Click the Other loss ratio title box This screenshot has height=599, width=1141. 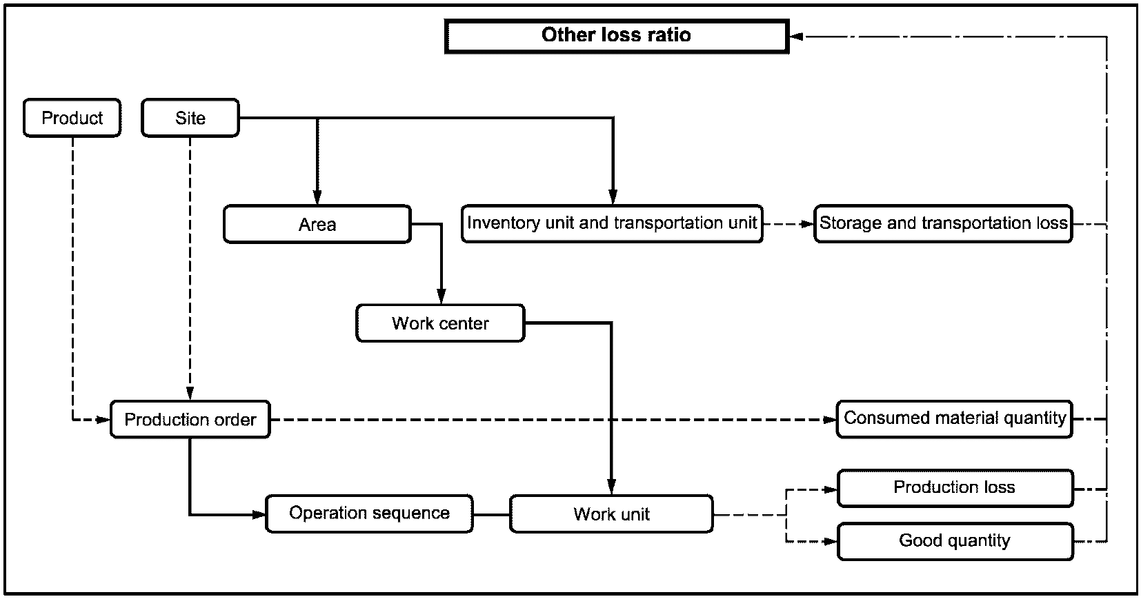617,36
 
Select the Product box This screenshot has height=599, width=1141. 72,118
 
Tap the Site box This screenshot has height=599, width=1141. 190,118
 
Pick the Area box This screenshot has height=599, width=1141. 317,224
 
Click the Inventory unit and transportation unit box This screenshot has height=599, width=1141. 613,223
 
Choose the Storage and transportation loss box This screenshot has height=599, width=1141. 944,223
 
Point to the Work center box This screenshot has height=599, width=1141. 441,323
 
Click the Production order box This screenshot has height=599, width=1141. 190,419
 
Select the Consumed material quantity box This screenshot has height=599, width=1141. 955,419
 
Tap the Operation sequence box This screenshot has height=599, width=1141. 369,514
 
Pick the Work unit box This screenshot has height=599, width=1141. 611,514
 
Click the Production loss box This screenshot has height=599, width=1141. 955,488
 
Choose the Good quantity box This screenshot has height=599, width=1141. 955,542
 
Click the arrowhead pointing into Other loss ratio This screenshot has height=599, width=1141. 797,37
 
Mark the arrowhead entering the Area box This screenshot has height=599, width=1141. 317,197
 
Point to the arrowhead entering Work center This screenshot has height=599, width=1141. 441,296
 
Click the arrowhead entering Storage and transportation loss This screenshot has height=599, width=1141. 807,224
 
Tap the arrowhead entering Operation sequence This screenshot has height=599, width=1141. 259,514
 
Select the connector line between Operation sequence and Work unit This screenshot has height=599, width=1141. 492,514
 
